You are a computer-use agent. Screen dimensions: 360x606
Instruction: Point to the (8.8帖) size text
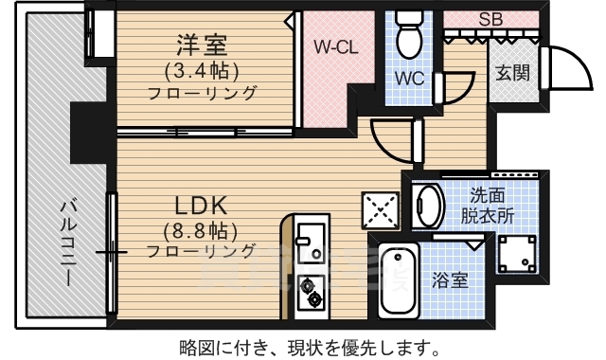click(x=200, y=230)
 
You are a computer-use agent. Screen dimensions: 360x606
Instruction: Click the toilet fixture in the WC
click(x=409, y=35)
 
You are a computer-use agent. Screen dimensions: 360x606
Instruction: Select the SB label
click(x=490, y=18)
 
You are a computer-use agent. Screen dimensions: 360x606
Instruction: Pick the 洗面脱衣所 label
click(x=493, y=206)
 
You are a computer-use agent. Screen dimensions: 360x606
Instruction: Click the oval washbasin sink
click(x=429, y=206)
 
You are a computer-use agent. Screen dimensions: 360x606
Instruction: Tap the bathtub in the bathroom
click(x=397, y=281)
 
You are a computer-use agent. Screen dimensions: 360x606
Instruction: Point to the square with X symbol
click(x=381, y=210)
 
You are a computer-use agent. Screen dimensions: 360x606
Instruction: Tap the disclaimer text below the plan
click(x=307, y=346)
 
